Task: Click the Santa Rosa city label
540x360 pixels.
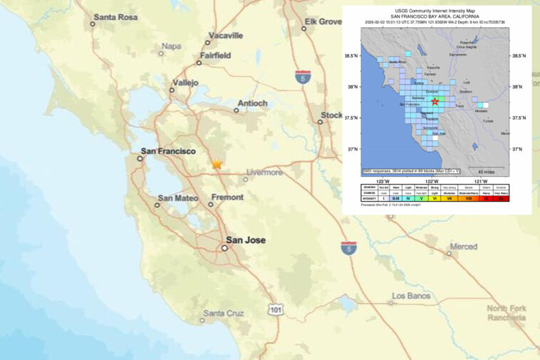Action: click(117, 17)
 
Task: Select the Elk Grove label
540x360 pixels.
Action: click(323, 22)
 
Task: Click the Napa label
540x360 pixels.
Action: click(171, 46)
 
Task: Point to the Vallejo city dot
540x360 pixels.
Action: click(172, 90)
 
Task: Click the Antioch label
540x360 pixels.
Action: click(251, 103)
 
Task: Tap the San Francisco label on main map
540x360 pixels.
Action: click(168, 151)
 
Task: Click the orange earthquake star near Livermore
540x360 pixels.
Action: click(217, 165)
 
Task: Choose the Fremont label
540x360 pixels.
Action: click(227, 197)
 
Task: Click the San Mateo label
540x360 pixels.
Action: click(178, 198)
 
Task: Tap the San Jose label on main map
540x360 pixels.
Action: click(245, 240)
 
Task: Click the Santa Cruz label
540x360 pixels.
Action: click(223, 313)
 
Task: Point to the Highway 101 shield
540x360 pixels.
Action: click(276, 309)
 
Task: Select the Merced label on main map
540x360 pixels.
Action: click(463, 247)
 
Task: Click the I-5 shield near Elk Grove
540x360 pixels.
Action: click(303, 75)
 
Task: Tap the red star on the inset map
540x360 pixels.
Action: click(435, 102)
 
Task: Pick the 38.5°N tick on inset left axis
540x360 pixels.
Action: click(352, 55)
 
